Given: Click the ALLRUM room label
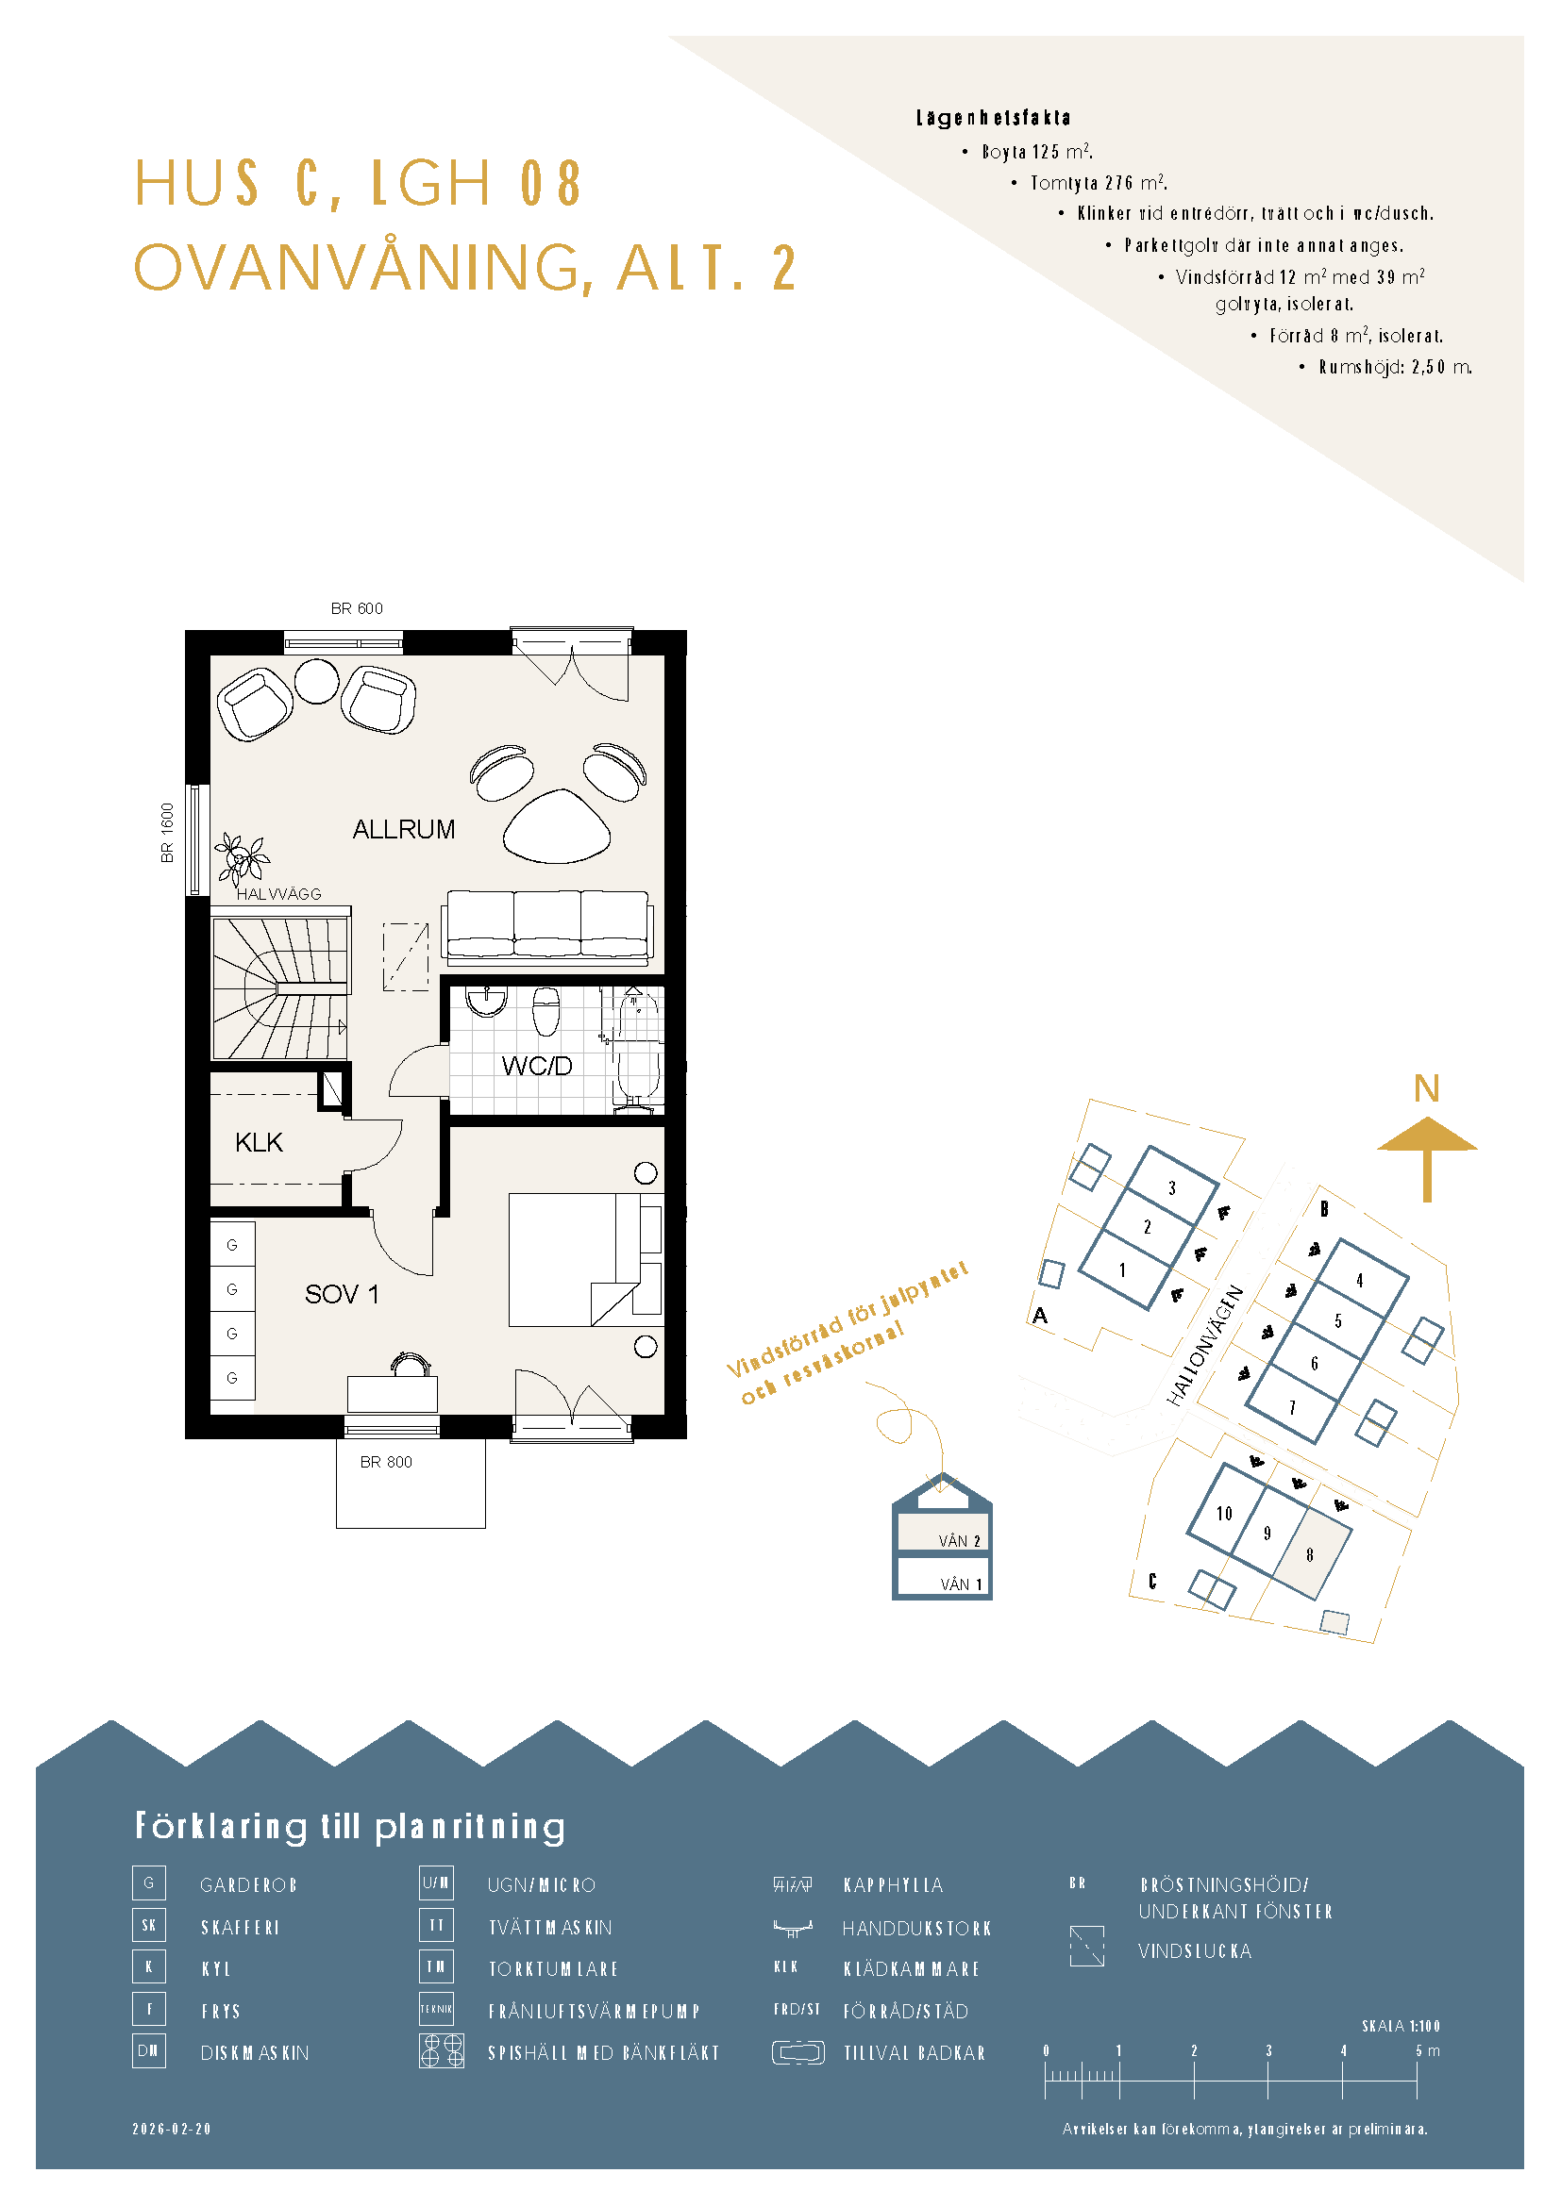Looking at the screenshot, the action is point(404,829).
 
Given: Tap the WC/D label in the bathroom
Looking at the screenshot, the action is point(536,1066).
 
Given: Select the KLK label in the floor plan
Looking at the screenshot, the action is point(259,1142).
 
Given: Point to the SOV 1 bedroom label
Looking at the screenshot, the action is point(342,1294).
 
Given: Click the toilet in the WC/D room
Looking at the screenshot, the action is point(546,1012).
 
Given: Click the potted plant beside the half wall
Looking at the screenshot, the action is point(242,857).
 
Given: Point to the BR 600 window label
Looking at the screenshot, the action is point(357,608).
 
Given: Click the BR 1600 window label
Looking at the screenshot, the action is point(168,832).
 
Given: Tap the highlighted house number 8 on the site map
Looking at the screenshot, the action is point(1309,1554).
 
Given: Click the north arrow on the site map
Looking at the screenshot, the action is point(1426,1159).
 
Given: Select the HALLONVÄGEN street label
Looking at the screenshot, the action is point(1205,1345).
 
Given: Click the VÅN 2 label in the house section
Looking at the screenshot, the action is point(959,1541).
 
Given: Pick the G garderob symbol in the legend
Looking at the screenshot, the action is point(149,1883).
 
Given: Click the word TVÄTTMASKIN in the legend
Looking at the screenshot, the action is point(550,1928).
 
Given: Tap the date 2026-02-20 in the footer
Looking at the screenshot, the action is point(171,2128).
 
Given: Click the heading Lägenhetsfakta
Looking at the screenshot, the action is point(993,118).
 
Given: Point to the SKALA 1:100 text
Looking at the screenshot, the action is point(1401,2025).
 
